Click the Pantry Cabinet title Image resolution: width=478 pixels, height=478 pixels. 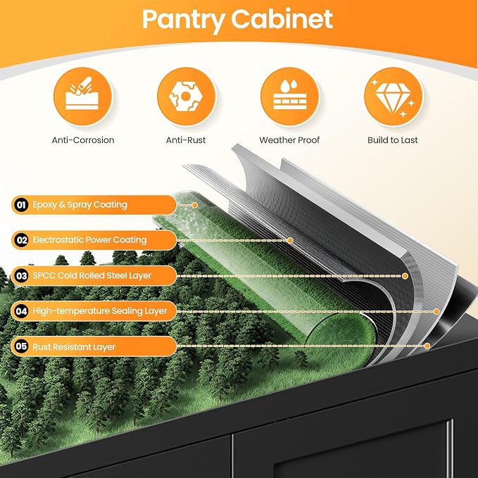(x=237, y=20)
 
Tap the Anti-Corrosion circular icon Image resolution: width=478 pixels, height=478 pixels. (x=82, y=96)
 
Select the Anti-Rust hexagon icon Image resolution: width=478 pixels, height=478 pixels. (x=186, y=96)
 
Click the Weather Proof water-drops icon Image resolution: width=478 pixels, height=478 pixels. (x=289, y=96)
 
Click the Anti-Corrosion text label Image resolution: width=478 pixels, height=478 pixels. (x=83, y=140)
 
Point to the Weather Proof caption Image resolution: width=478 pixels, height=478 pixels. (x=289, y=140)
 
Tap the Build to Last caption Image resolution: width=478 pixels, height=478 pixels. (x=393, y=140)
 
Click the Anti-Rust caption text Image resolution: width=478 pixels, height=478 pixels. (x=186, y=140)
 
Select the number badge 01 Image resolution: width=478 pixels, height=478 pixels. (x=21, y=205)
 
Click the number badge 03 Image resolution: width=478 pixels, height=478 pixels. (x=21, y=276)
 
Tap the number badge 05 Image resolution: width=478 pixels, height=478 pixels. (x=21, y=346)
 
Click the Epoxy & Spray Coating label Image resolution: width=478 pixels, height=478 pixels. (x=80, y=205)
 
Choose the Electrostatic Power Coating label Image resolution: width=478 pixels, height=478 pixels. (x=89, y=240)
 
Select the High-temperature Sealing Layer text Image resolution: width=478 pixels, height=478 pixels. (x=100, y=311)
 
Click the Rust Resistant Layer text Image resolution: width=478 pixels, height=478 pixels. (x=74, y=347)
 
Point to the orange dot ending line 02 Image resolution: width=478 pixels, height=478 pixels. (x=290, y=241)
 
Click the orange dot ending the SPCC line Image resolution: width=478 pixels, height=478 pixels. (x=405, y=276)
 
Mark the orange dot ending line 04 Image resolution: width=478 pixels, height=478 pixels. (x=436, y=312)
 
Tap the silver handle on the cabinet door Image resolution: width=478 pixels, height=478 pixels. (x=450, y=448)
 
